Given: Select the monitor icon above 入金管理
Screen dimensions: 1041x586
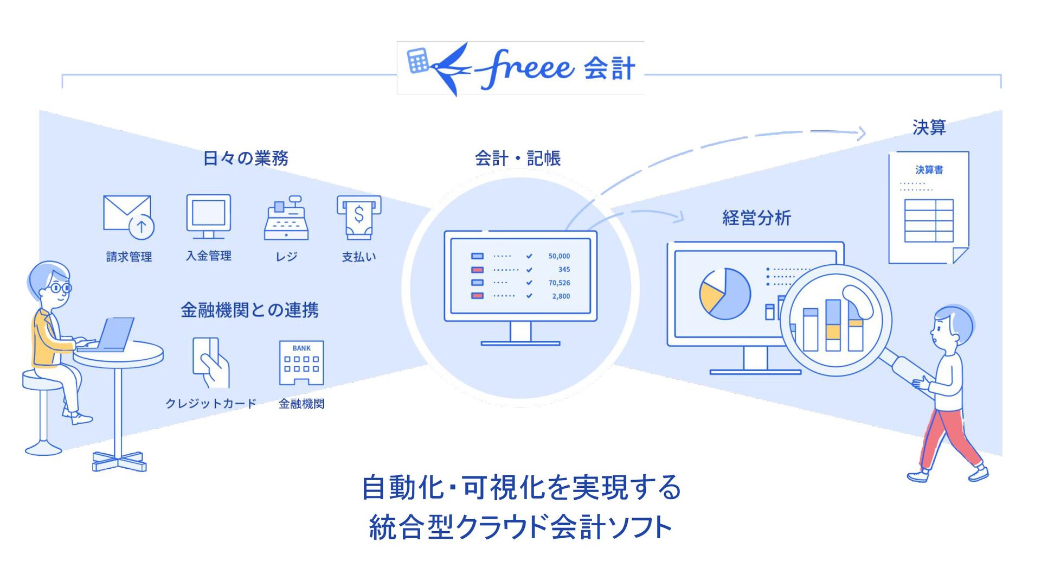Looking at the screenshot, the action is (x=209, y=216).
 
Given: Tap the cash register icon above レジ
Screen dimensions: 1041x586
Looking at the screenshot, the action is (x=286, y=218).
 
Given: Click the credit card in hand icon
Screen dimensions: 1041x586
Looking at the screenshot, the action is (x=210, y=362).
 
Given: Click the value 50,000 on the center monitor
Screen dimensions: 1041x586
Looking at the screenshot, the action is (x=559, y=256).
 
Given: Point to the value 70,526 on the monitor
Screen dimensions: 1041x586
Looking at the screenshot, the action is (x=559, y=283).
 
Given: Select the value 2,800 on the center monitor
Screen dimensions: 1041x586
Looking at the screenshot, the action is (x=561, y=296).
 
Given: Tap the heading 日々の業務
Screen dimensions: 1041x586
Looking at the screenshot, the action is (x=246, y=158).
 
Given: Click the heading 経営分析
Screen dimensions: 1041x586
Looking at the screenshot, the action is (x=756, y=218).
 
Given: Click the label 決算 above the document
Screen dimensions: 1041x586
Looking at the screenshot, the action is (x=929, y=128).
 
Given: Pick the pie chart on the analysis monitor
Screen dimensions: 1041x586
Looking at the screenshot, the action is (x=725, y=294).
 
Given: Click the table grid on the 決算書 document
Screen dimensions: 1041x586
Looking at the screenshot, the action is (x=928, y=221).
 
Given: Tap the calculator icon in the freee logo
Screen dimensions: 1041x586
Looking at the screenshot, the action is (x=418, y=60).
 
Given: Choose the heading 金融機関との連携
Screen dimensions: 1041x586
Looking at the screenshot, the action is (x=249, y=310).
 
